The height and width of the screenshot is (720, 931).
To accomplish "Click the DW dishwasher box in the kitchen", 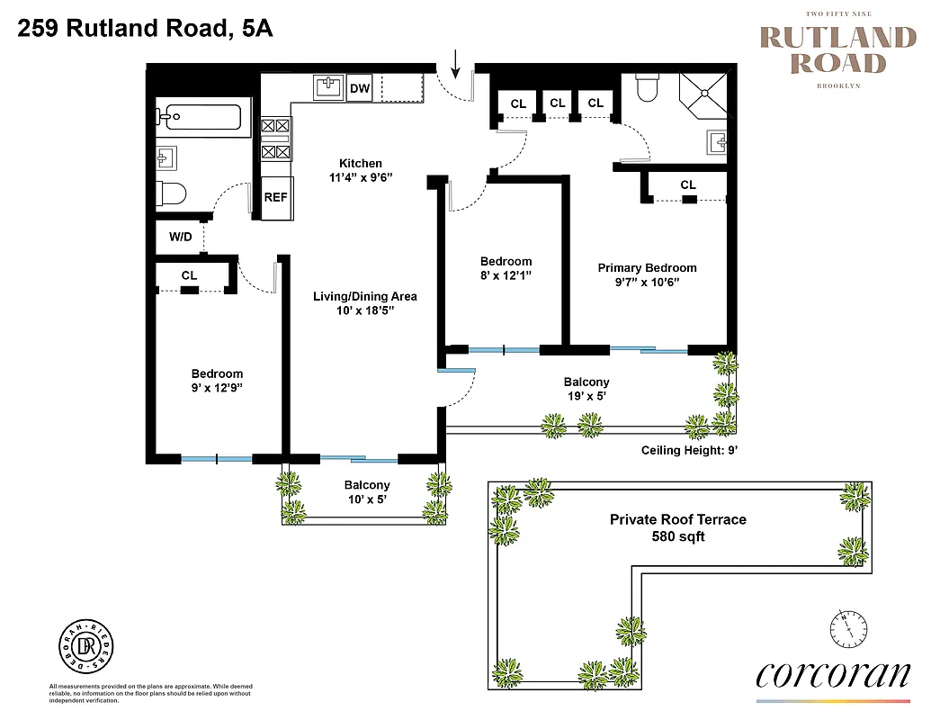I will [360, 88].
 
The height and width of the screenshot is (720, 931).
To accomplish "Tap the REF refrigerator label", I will [275, 197].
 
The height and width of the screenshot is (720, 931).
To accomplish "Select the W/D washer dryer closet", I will [180, 238].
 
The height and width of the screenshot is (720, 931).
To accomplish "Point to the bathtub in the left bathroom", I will [199, 117].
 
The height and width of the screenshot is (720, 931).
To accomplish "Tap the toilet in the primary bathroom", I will [648, 88].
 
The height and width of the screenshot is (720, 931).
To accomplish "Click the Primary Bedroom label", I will [647, 267].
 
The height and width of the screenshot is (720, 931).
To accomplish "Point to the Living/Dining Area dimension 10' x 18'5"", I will [364, 311].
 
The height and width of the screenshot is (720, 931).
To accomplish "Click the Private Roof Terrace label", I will [677, 519].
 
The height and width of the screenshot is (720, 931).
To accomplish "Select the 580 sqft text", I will [677, 536].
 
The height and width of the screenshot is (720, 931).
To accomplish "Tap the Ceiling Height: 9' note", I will [689, 450].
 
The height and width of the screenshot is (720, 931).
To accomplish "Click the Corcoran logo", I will [832, 675].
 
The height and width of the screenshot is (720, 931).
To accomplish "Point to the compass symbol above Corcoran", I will [848, 627].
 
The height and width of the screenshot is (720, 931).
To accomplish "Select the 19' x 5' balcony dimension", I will [586, 396].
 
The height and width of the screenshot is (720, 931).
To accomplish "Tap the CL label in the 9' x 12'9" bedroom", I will [189, 275].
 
